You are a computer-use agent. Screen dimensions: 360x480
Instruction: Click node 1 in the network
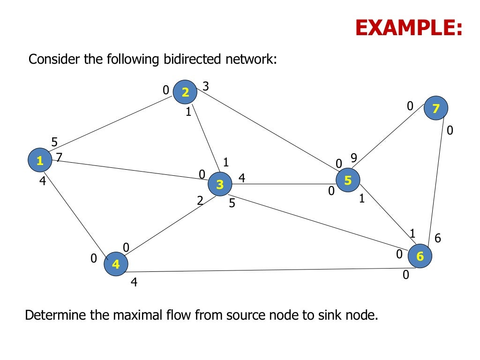point(40,161)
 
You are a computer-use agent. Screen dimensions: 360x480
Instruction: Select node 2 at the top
point(185,92)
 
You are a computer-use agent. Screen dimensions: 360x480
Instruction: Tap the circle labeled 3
point(220,185)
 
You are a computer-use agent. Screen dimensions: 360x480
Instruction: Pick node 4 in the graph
point(115,264)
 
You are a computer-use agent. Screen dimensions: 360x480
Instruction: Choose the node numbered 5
point(348,180)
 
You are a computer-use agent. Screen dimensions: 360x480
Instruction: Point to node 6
point(420,256)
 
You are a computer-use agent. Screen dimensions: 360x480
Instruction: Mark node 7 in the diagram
point(436,109)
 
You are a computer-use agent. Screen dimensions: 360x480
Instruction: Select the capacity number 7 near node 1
point(59,157)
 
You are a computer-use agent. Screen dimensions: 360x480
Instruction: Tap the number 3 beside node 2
point(205,86)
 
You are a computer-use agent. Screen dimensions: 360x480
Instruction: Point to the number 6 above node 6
point(438,238)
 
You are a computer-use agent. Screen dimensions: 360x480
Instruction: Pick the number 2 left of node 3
point(200,201)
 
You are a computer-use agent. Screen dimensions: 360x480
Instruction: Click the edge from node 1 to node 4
point(77,212)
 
